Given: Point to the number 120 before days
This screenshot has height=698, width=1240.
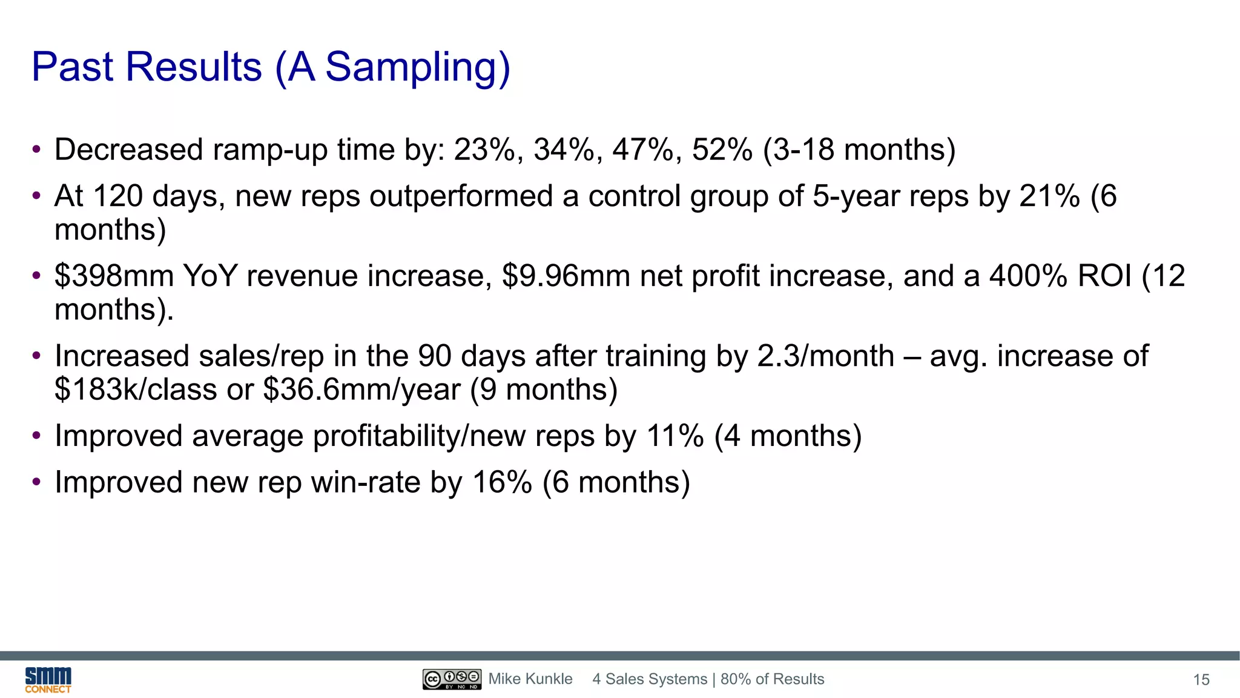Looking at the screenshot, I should click(x=118, y=196).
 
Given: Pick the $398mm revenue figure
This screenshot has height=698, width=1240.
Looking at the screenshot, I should click(x=114, y=276).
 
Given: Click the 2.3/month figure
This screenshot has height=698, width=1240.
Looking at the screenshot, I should click(x=825, y=356).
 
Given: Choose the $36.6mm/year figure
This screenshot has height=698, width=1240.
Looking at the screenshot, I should click(x=361, y=390).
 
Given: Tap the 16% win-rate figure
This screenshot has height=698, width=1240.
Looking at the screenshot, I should click(x=502, y=483).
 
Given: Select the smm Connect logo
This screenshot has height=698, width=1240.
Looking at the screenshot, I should click(x=48, y=680).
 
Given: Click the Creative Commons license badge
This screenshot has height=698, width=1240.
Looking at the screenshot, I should click(x=452, y=679).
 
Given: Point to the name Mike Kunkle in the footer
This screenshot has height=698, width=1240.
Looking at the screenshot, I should click(x=530, y=679).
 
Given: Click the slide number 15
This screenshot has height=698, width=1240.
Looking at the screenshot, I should click(x=1201, y=680).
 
